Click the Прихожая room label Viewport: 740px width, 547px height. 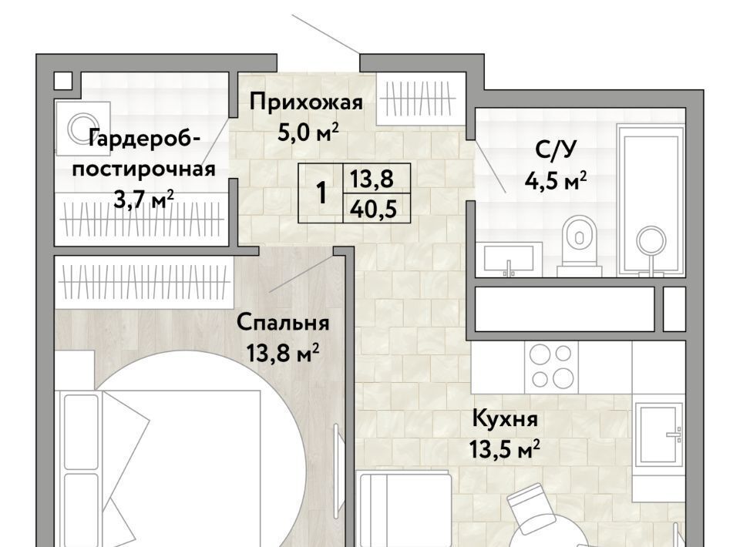click(306, 102)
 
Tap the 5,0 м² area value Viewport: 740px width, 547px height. click(308, 133)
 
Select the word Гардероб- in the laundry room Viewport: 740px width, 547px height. click(145, 139)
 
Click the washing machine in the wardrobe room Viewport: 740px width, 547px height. click(82, 128)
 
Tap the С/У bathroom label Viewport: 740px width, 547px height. click(556, 150)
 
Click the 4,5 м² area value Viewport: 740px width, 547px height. click(556, 180)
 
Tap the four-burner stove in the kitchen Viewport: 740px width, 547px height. click(551, 367)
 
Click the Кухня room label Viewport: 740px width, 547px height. click(505, 419)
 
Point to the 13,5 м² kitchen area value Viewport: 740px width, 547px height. click(504, 449)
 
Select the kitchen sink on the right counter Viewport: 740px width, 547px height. click(659, 433)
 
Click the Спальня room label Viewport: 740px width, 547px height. click(283, 323)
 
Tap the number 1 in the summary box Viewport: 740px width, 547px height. click(321, 193)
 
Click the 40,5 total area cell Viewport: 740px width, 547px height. click(373, 209)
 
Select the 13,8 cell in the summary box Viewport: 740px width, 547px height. click(372, 179)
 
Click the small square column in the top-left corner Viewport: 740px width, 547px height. click(62, 81)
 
